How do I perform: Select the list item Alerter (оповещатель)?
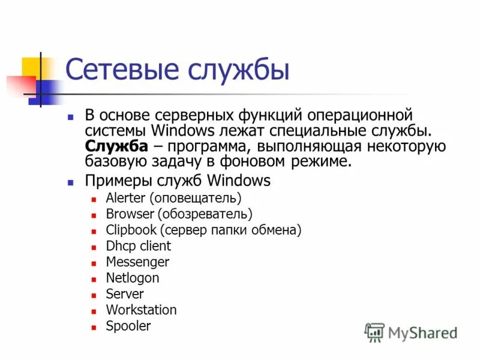pos(173,197)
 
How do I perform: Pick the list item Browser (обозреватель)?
pos(179,214)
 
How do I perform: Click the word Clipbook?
pos(131,230)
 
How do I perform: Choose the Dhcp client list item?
pos(138,246)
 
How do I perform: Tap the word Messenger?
pos(137,262)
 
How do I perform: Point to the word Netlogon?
pos(133,278)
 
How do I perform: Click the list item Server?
pos(125,294)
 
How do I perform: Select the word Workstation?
pos(141,310)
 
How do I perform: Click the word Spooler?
pos(128,326)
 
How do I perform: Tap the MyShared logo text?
pos(422,332)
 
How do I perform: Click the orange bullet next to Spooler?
pos(93,328)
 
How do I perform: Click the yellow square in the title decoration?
pos(31,67)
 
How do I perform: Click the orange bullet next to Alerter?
pos(93,199)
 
